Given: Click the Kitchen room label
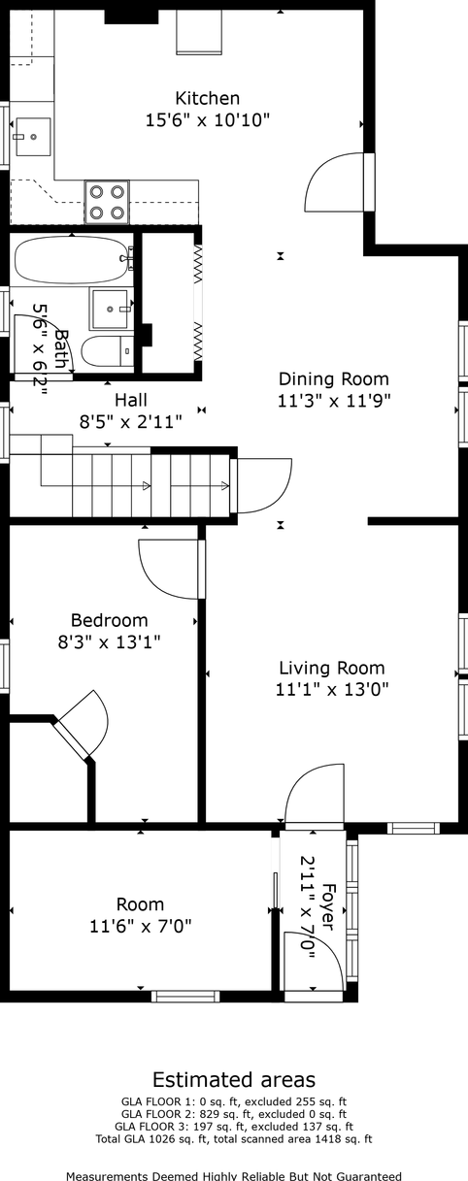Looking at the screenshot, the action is (x=208, y=99).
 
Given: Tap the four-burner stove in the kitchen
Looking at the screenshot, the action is (x=107, y=202).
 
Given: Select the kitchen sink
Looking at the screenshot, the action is (x=33, y=137).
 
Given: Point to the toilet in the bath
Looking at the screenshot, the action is (x=108, y=351).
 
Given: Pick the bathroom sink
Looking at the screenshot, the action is (x=110, y=309).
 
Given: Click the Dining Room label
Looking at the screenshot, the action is (x=333, y=379).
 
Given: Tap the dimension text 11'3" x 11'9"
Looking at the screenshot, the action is (x=333, y=401).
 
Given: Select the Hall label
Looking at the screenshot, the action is (x=131, y=400).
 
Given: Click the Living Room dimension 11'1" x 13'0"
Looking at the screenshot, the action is (x=332, y=689).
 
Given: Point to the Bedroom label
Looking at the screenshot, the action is (x=109, y=620).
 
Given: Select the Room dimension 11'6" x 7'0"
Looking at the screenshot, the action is (x=141, y=925).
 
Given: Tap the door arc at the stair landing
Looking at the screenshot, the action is (x=264, y=485).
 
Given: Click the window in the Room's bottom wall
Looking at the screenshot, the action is (x=185, y=996).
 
